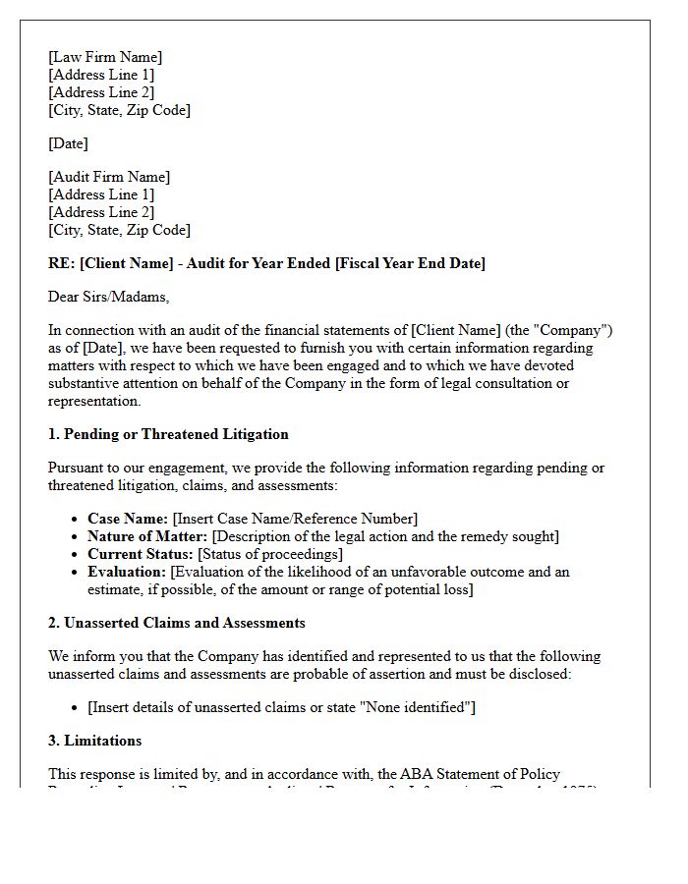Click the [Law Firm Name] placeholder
pos(105,57)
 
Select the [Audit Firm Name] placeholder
pos(109,177)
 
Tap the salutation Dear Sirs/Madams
pos(108,297)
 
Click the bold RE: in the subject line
pos(62,263)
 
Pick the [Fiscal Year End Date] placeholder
pos(410,263)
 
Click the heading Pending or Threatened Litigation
pos(176,434)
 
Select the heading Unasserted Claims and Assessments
pos(185,623)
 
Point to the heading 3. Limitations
pos(95,741)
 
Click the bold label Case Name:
pos(128,519)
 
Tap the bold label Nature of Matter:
pos(147,536)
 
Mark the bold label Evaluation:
pos(127,572)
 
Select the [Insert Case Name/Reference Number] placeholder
pos(295,519)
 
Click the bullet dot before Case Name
pos(76,520)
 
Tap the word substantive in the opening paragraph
pos(86,383)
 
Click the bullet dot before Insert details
pos(76,708)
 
